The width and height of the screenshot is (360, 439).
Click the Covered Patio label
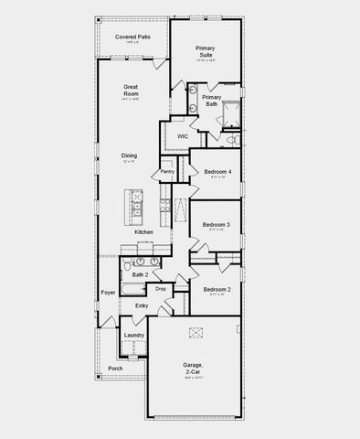(x=132, y=37)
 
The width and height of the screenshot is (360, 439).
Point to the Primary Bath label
(x=212, y=101)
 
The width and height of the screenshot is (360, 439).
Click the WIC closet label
(x=183, y=135)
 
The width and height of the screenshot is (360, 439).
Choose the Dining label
(x=130, y=155)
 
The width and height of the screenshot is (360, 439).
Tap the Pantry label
(x=167, y=171)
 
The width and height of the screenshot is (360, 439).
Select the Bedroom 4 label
(x=217, y=172)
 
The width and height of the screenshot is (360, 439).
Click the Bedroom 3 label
(x=216, y=224)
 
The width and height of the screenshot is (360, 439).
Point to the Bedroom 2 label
(x=216, y=289)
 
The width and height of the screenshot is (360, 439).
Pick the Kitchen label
(x=143, y=232)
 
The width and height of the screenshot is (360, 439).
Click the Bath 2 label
(x=140, y=274)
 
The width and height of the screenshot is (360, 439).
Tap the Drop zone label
(x=161, y=289)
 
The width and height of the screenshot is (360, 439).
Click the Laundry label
(x=133, y=335)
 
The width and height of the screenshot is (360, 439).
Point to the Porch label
(x=115, y=369)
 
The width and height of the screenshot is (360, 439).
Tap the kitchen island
(x=136, y=207)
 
